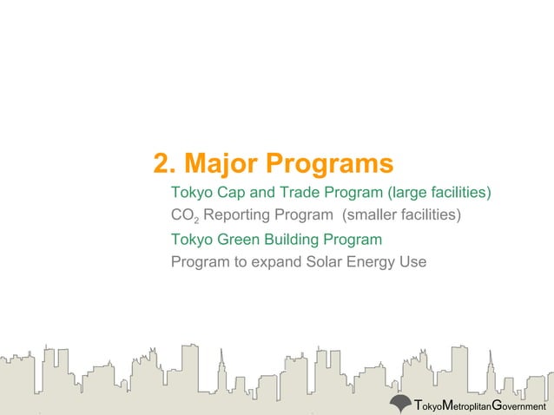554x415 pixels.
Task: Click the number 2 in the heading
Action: point(161,163)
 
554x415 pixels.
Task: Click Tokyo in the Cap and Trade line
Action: point(191,192)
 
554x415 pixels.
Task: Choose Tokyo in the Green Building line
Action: point(191,239)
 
